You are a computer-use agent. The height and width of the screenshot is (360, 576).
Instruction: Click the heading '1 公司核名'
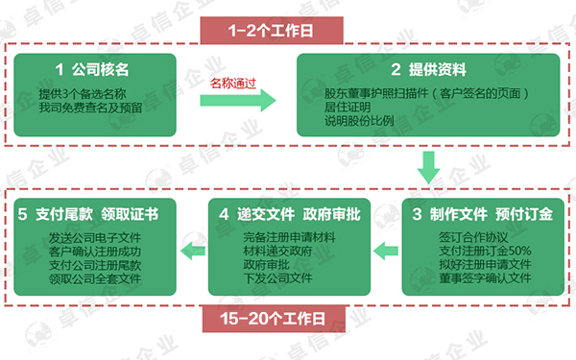(92, 70)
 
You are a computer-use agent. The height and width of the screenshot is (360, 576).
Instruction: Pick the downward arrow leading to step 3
(430, 171)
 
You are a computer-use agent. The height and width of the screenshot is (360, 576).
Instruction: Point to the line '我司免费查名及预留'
(91, 108)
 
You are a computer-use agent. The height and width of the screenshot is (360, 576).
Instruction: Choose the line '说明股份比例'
(360, 123)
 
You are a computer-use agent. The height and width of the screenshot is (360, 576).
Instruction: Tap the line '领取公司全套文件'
(95, 278)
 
